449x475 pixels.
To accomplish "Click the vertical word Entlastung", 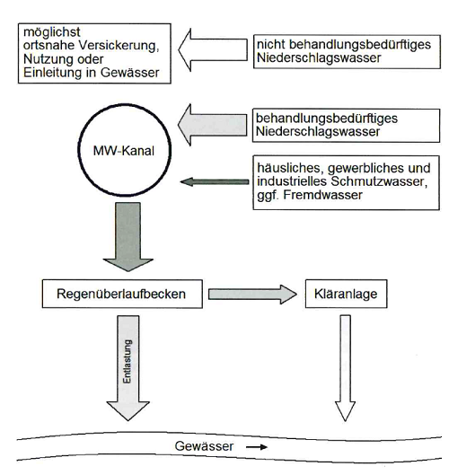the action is pyautogui.click(x=128, y=361).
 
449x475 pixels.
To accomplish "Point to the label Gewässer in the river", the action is pyautogui.click(x=204, y=446).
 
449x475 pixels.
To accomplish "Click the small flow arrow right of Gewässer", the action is pyautogui.click(x=257, y=447).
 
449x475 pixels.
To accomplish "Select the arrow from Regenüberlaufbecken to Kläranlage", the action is pyautogui.click(x=252, y=295).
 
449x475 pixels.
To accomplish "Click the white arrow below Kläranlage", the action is pyautogui.click(x=345, y=368).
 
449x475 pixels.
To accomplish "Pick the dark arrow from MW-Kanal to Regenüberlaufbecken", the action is pyautogui.click(x=128, y=237).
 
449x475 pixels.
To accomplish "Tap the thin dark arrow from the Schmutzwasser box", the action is pyautogui.click(x=215, y=181).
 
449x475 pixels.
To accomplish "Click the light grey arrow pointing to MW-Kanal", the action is pyautogui.click(x=213, y=125).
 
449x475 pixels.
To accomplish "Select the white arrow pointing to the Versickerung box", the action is pyautogui.click(x=213, y=50).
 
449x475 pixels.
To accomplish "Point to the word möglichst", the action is pyautogui.click(x=52, y=32).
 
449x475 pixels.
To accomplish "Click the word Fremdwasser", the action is pyautogui.click(x=322, y=195).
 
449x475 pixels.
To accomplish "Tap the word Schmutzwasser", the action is pyautogui.click(x=379, y=181).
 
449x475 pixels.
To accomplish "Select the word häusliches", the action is pyautogui.click(x=291, y=168).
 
